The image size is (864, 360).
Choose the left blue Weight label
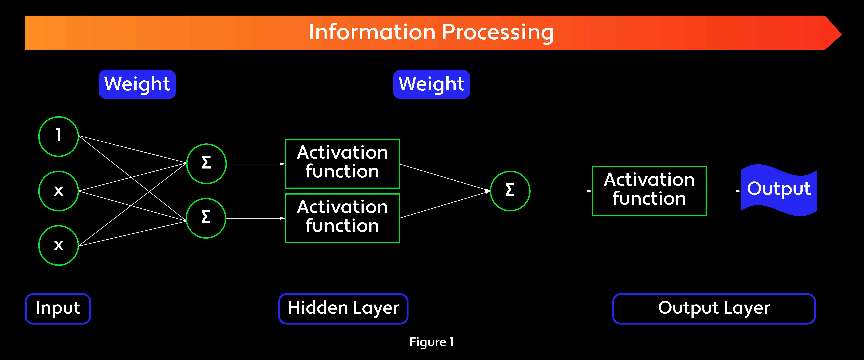137,84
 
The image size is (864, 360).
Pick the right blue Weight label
431,84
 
